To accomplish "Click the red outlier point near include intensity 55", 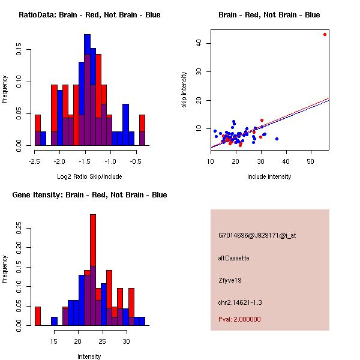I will [x=325, y=34].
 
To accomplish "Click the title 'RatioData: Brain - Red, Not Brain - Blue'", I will [x=89, y=15].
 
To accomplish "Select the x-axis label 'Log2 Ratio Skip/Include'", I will [x=89, y=176].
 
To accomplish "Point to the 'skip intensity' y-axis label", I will [x=184, y=90].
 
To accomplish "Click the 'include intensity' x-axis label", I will [x=269, y=176].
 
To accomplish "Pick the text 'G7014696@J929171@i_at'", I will [x=257, y=235].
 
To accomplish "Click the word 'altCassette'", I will [x=233, y=258].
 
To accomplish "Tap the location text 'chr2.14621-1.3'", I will [x=240, y=302].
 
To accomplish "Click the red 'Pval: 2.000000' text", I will [x=239, y=319].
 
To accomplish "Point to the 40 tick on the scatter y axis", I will [x=201, y=43].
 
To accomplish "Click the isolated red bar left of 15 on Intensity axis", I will [x=38, y=316].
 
